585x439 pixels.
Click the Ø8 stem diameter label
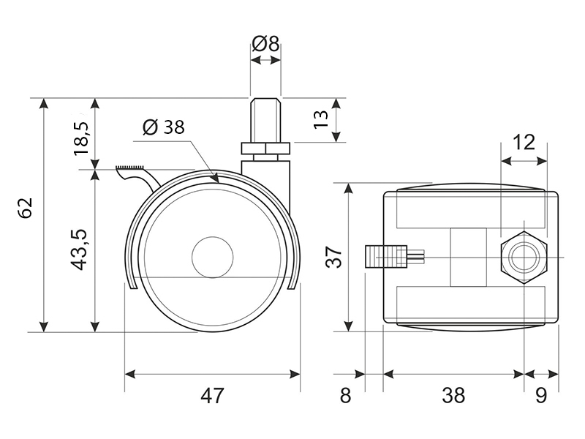pos(265,44)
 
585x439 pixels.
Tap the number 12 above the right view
pos(524,141)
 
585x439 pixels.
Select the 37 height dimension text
pos(333,256)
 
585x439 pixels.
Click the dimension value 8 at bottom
pos(346,396)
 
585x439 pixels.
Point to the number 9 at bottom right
pos(541,396)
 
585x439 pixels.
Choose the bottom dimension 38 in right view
pos(453,396)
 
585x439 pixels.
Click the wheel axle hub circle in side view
pos(211,257)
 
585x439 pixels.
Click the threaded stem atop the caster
pos(265,121)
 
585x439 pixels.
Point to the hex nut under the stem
pos(265,149)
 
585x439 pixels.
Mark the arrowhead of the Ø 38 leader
pos(215,178)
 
